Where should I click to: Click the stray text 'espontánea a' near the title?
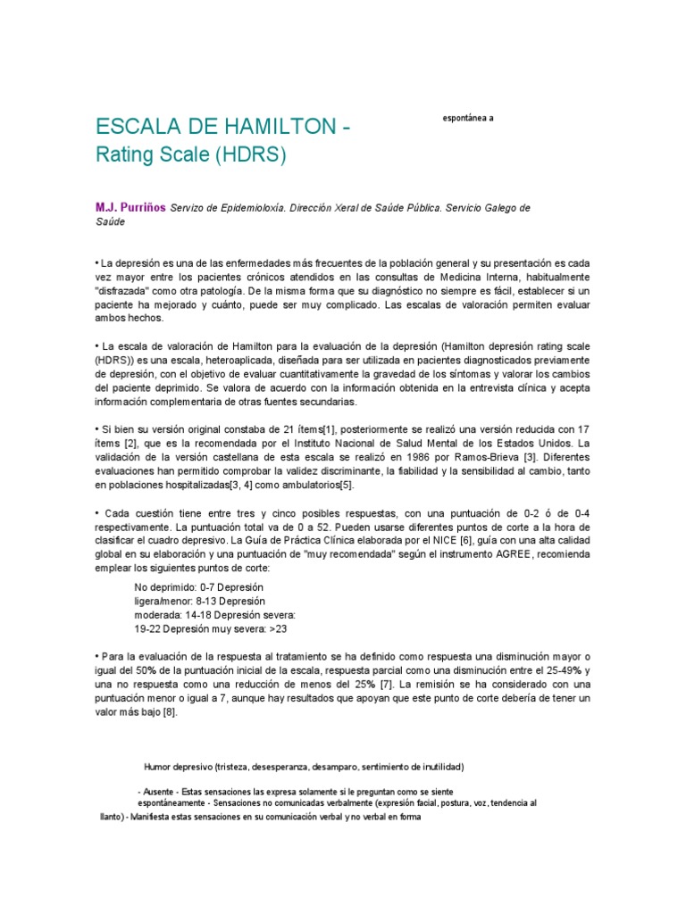[x=468, y=118]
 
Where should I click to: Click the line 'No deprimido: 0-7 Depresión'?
[x=198, y=586]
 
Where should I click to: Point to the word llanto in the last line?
[x=111, y=816]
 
